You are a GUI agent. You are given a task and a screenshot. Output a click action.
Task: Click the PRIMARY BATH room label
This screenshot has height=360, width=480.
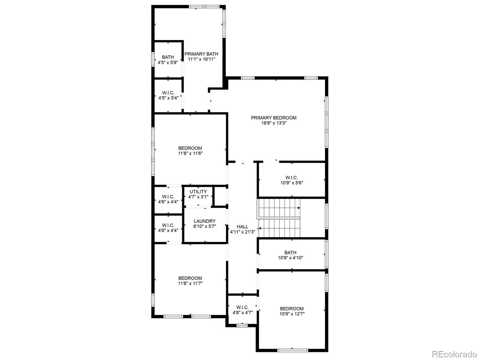point(201,54)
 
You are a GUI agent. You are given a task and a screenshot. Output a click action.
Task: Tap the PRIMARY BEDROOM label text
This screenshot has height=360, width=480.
point(274,118)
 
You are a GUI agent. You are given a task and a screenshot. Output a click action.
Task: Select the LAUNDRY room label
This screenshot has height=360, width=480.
point(205,221)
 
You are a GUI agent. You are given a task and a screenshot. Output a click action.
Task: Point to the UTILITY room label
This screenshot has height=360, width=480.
point(198,192)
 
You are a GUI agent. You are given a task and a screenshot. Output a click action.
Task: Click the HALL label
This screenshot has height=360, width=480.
point(242,227)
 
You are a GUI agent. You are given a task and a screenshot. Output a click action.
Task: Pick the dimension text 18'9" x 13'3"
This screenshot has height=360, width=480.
point(274,123)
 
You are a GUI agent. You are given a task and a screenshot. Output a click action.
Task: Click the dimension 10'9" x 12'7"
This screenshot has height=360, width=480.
point(292,314)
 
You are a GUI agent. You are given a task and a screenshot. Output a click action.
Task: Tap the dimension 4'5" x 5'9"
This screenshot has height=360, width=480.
point(168,62)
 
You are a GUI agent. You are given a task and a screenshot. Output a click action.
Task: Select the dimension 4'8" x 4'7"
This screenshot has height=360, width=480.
point(242,313)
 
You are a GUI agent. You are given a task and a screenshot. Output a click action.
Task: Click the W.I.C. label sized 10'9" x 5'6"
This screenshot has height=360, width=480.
point(292,177)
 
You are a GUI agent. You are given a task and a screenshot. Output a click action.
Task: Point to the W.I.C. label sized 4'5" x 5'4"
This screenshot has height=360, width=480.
point(168,93)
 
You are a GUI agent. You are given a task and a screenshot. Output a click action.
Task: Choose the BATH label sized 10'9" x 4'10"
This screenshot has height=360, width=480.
point(290,253)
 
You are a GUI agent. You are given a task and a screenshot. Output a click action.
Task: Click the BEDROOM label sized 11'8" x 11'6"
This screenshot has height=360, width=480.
point(190,148)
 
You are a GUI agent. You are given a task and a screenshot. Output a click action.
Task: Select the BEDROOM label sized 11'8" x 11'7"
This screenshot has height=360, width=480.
point(190,278)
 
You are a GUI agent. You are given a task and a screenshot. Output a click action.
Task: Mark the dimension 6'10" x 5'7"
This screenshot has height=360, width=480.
point(205,226)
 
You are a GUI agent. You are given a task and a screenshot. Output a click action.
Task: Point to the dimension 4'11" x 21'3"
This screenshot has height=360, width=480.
point(242,232)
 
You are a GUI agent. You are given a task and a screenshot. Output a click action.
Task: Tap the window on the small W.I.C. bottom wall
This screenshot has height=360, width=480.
point(242,325)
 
